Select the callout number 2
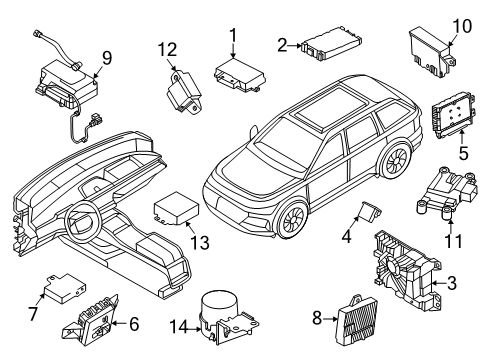[x=283, y=43]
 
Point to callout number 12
[x=172, y=48]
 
